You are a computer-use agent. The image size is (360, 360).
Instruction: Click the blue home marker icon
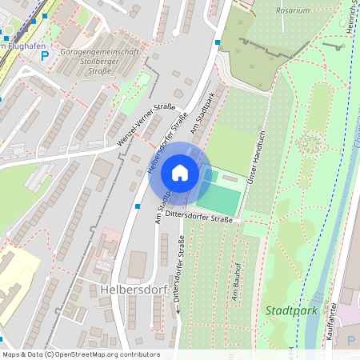pos(179,172)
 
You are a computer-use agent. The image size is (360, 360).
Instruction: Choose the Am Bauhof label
pos(235,286)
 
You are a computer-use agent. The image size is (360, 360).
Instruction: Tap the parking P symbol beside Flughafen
pos(45,56)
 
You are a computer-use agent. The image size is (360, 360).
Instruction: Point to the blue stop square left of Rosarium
pos(217,42)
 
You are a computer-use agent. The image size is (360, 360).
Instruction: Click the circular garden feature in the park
pos(309,145)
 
